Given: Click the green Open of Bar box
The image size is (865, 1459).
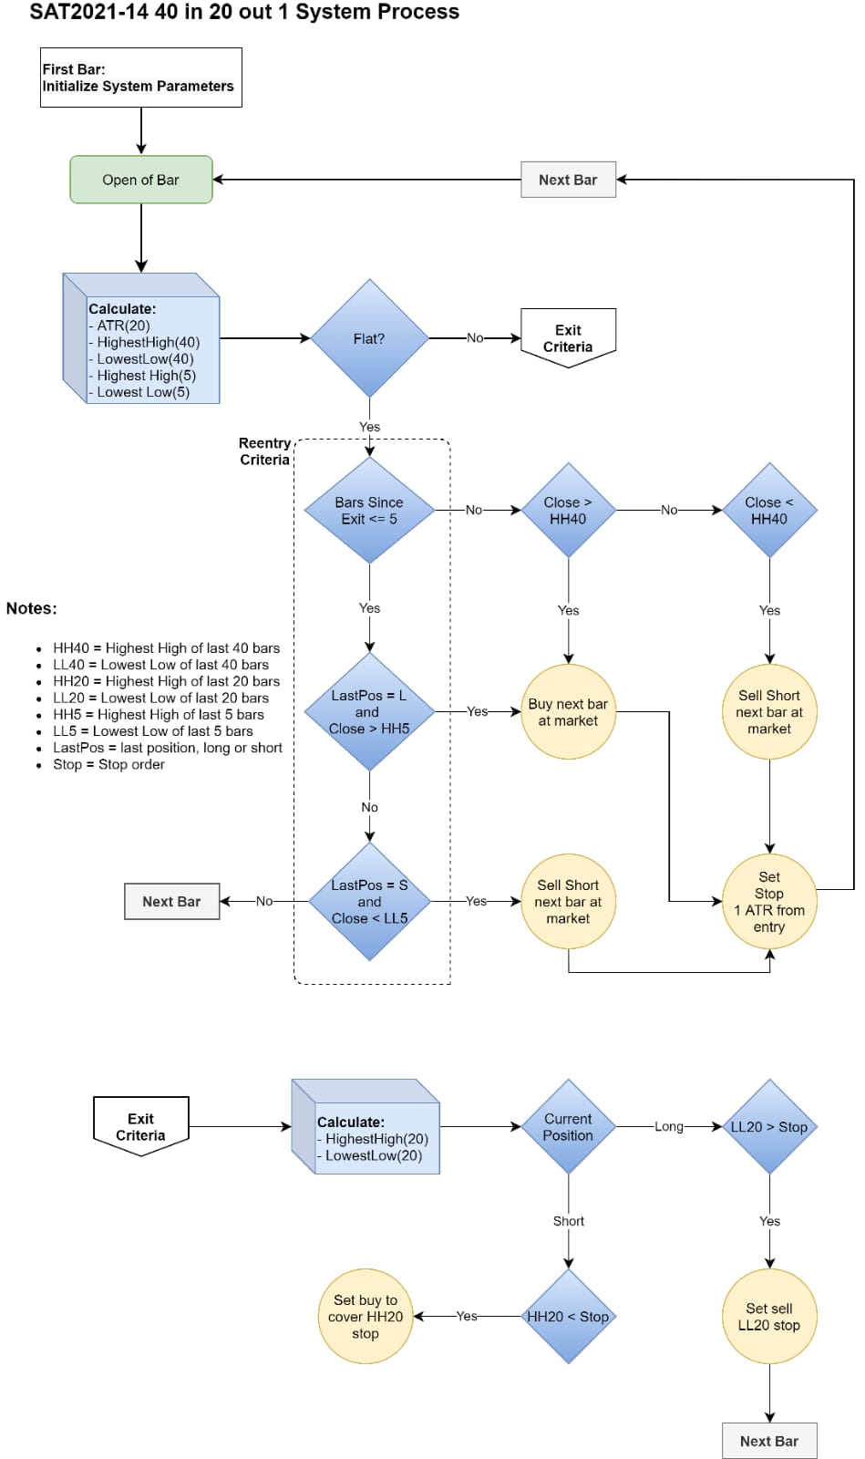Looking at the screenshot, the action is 141,179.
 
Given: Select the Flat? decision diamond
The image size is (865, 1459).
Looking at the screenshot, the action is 370,338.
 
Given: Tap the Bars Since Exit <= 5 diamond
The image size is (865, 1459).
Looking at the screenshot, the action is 370,510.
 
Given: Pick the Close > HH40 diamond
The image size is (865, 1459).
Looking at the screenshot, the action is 568,510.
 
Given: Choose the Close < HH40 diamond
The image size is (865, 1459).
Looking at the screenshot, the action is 769,510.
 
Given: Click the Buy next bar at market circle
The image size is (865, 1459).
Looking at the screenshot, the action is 568,712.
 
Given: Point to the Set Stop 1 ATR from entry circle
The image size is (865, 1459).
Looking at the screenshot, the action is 769,902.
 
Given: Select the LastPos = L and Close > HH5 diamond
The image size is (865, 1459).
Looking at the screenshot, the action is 370,712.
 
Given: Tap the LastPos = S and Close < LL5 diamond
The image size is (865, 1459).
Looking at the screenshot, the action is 370,902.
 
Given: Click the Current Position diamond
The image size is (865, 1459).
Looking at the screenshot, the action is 568,1127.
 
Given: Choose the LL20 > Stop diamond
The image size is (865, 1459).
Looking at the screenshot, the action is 769,1127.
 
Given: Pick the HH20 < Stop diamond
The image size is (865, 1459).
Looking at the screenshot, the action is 568,1317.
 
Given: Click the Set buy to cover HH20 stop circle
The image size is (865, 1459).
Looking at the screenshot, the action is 366,1317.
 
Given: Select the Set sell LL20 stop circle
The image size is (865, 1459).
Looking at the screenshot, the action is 769,1317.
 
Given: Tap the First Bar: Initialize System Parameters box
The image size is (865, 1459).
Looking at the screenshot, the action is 141,78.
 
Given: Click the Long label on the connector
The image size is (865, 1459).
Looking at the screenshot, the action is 668,1127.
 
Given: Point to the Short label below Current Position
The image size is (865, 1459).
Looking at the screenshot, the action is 568,1221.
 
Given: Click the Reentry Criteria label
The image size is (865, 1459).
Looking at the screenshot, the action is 264,451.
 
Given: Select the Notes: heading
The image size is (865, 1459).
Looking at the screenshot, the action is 31,608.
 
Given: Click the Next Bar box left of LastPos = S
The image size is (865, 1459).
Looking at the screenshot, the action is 172,902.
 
